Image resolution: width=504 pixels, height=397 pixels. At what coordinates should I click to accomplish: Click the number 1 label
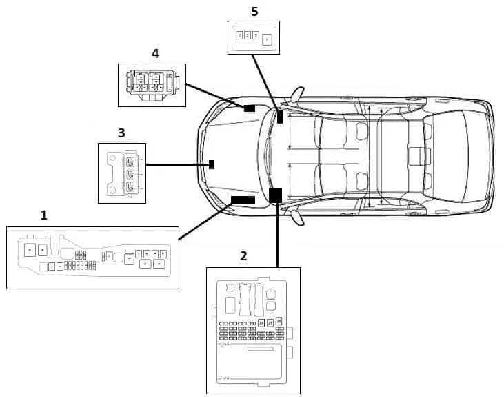(44, 215)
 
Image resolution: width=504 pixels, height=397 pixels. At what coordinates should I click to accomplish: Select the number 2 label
(243, 256)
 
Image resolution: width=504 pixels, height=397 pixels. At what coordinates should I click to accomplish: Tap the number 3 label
(121, 133)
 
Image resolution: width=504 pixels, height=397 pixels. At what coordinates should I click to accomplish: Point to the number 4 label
(155, 53)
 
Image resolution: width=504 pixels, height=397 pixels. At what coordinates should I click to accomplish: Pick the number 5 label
(254, 11)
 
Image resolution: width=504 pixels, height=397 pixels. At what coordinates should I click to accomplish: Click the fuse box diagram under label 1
(92, 257)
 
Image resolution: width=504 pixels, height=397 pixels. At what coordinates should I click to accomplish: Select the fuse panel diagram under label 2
(253, 329)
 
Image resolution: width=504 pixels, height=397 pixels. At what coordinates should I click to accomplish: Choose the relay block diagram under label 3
(123, 173)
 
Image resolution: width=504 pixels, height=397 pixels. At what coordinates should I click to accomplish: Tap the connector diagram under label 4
(152, 86)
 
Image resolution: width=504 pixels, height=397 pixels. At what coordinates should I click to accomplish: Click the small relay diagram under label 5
(254, 37)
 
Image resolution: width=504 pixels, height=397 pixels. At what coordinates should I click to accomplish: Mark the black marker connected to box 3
(212, 164)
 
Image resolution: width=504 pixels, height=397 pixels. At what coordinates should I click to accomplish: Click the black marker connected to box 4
(249, 108)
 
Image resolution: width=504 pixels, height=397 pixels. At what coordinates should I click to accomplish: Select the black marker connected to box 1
(243, 200)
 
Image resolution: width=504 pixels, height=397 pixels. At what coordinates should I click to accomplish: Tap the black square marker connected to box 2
(276, 195)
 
